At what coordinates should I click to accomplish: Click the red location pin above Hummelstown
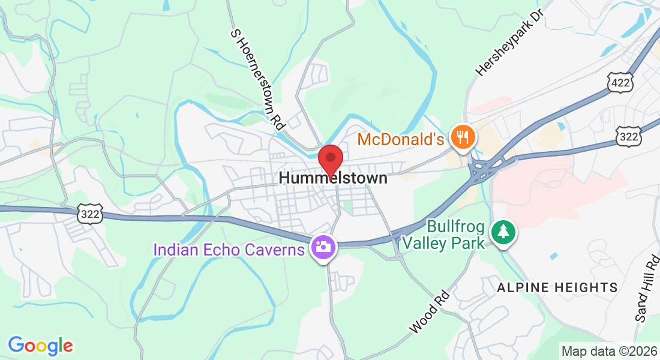pos(329,159)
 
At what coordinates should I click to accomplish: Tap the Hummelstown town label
pos(333,178)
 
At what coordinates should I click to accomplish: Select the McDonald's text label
pos(400,140)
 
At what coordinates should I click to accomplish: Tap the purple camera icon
pos(322,247)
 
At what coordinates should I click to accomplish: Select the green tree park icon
pos(503,232)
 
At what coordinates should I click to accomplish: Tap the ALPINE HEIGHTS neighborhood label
pos(557,287)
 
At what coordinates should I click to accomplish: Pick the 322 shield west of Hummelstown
pos(89,214)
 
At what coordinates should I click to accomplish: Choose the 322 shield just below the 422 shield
pos(628,137)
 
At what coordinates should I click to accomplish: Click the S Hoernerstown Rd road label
pos(257,79)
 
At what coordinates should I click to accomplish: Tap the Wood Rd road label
pos(428,312)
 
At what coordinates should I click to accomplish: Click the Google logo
pos(40,346)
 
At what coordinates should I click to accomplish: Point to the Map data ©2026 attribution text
pos(609,351)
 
